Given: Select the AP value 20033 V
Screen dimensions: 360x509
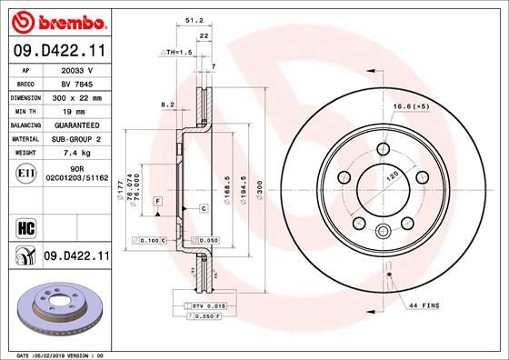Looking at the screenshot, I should pyautogui.click(x=77, y=70).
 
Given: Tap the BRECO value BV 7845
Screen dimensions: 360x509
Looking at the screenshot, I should pyautogui.click(x=76, y=83).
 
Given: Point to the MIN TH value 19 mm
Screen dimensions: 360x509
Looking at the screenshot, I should pyautogui.click(x=76, y=109).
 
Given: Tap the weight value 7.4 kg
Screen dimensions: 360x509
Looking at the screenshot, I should pyautogui.click(x=76, y=152).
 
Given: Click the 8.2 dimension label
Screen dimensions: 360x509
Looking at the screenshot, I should pyautogui.click(x=166, y=105).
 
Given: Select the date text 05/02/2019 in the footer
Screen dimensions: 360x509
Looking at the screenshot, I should pyautogui.click(x=63, y=354).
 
